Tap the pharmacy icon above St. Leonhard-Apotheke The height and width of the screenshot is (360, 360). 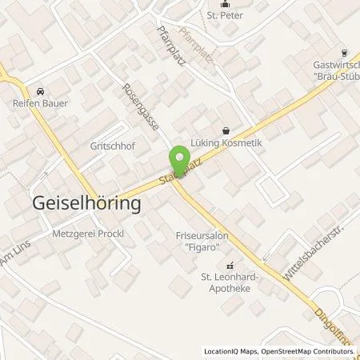tap(231, 266)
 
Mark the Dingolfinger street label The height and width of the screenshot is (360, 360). tap(330, 319)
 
